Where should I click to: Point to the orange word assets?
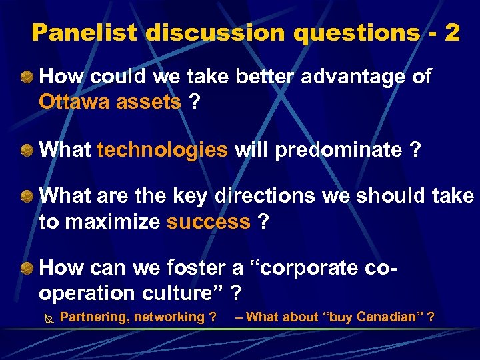coord(148,102)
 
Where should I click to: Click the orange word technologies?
coord(162,150)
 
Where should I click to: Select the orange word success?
coord(208,222)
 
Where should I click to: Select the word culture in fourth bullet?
coord(183,293)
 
